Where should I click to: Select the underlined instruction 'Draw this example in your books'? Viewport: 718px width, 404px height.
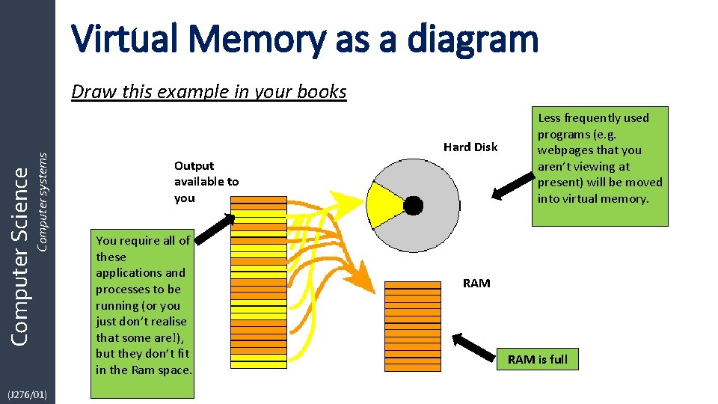pyautogui.click(x=209, y=92)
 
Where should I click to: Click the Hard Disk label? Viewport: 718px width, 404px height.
pyautogui.click(x=470, y=147)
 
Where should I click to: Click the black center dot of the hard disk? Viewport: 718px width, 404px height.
pyautogui.click(x=413, y=204)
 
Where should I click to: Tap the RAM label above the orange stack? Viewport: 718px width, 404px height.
pyautogui.click(x=476, y=283)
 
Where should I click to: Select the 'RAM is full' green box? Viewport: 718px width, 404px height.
pyautogui.click(x=537, y=359)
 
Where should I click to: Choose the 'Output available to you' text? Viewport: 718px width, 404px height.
pyautogui.click(x=206, y=182)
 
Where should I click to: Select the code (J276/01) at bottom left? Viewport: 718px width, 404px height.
pyautogui.click(x=27, y=394)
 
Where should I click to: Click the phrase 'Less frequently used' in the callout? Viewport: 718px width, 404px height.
pyautogui.click(x=593, y=117)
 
